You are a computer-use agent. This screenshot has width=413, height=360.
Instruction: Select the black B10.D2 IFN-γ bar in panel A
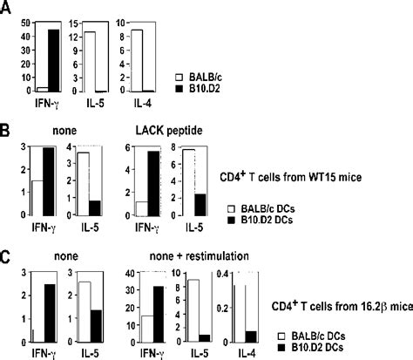pyautogui.click(x=52, y=61)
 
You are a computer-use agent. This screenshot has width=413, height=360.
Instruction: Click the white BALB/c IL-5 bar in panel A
pyautogui.click(x=91, y=62)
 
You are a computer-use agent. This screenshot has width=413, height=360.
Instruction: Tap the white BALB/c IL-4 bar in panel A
pyautogui.click(x=138, y=61)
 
